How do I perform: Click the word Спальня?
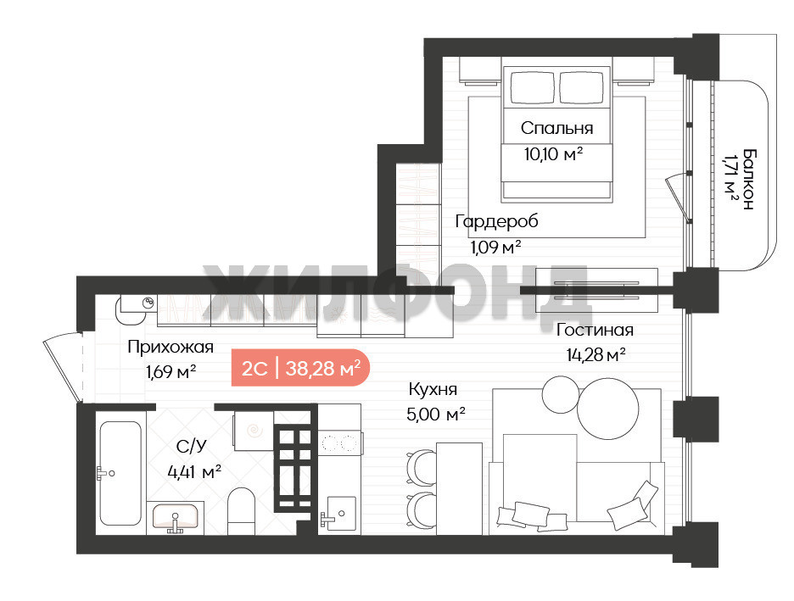(556, 128)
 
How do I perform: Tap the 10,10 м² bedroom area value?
(553, 153)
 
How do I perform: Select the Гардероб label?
(496, 221)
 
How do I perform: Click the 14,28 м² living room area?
(595, 354)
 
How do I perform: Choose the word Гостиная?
(595, 330)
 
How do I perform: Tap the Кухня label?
(433, 389)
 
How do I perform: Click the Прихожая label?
(171, 347)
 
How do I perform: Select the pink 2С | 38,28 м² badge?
(301, 368)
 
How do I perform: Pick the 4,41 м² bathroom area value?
(194, 472)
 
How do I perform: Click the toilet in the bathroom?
(241, 511)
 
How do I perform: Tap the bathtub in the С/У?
(120, 474)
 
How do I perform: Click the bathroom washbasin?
(176, 518)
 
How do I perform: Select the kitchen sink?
(338, 513)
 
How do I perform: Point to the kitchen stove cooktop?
(339, 443)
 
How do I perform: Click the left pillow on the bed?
(532, 87)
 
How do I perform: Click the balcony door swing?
(678, 198)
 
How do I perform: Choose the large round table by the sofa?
(607, 409)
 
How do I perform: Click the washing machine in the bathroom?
(253, 431)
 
